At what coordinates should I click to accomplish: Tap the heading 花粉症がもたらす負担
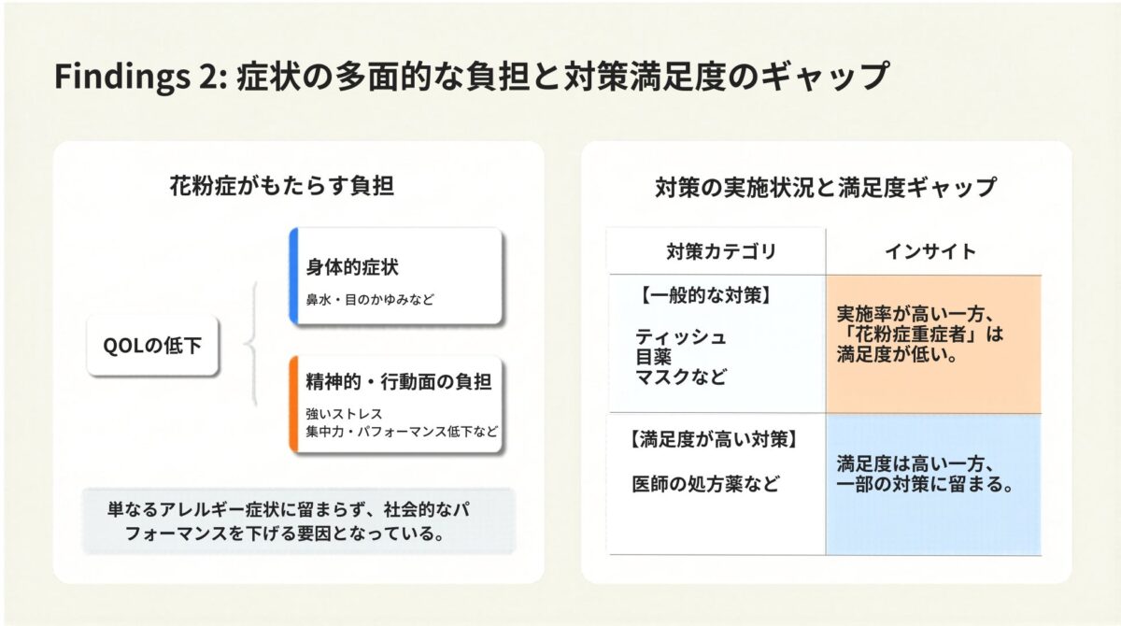coord(281,186)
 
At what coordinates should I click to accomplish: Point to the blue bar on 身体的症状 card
coord(293,277)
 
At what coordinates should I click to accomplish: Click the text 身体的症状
coord(352,268)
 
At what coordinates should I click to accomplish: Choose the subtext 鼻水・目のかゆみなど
coord(370,300)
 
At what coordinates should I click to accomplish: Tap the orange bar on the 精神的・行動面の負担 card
coord(293,405)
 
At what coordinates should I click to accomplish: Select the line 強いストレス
coord(344,413)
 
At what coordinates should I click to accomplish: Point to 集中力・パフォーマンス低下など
coord(402,433)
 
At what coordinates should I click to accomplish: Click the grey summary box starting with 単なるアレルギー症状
coord(298,521)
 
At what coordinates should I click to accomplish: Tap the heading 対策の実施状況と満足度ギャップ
coord(826,187)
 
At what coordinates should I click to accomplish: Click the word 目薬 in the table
coord(654,357)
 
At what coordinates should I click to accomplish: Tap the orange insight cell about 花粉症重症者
coord(932,344)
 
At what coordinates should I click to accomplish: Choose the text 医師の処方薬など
coord(704,484)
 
